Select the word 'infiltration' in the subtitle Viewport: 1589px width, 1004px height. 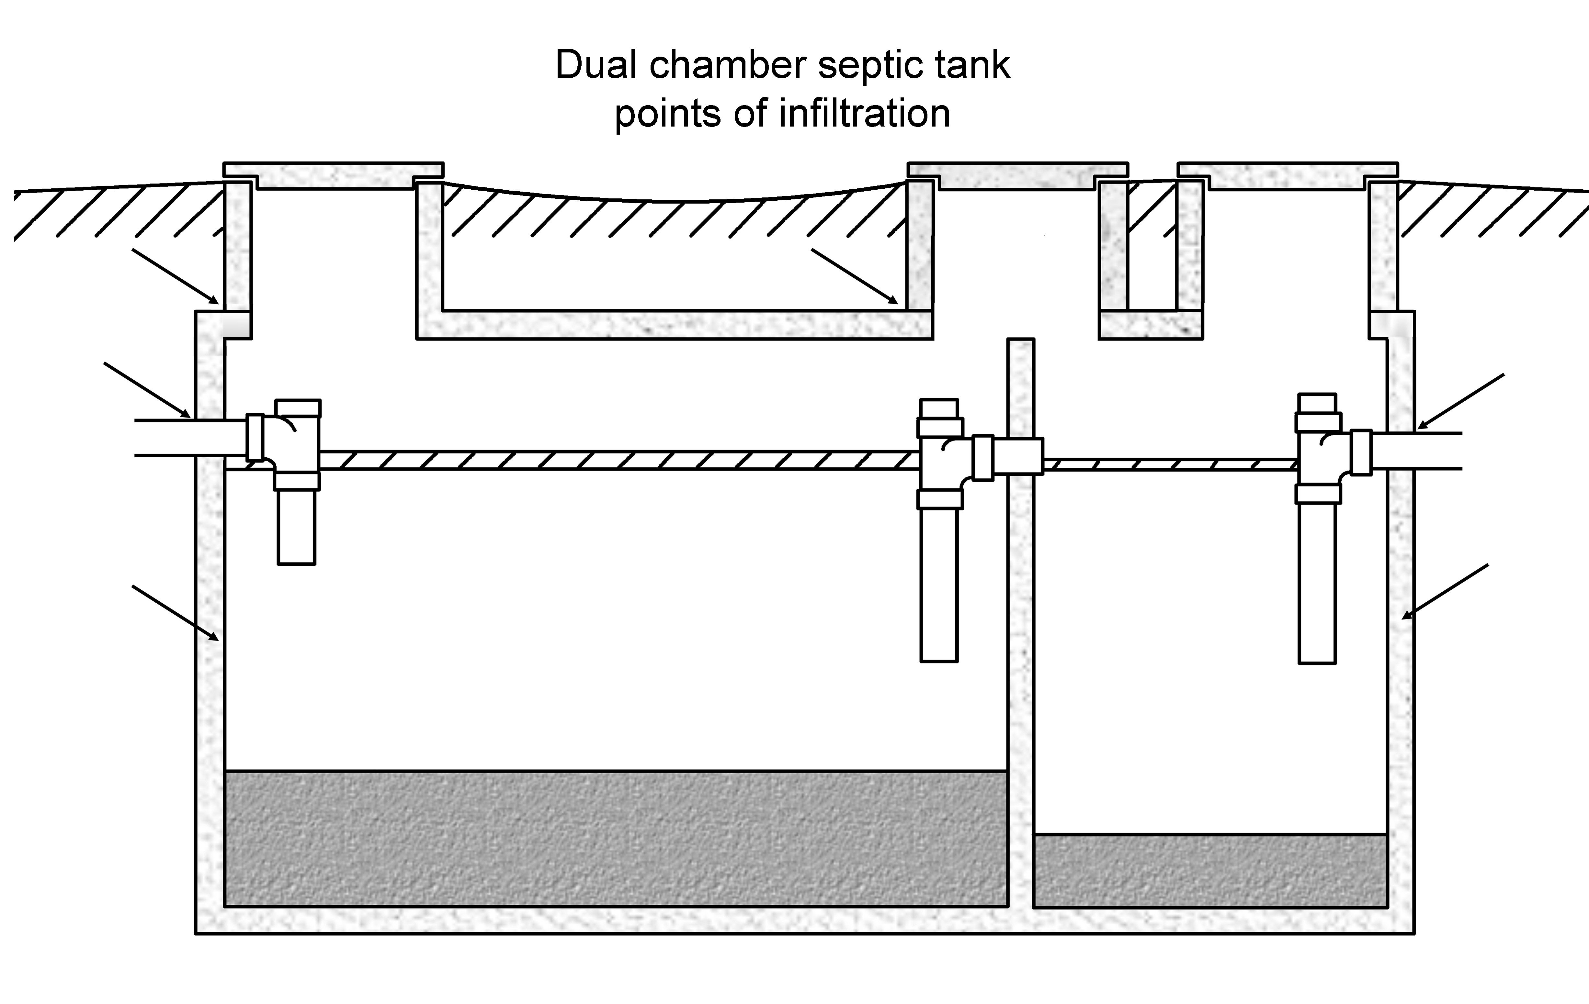[x=865, y=114]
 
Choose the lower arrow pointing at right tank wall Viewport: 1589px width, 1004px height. [x=1445, y=592]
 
